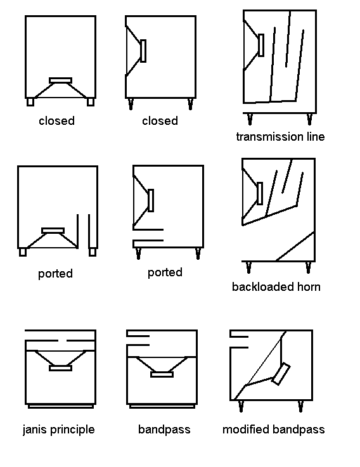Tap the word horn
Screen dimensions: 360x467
point(309,287)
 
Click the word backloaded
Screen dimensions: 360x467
point(263,287)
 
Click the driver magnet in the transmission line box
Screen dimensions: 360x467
point(261,45)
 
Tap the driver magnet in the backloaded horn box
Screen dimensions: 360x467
point(260,194)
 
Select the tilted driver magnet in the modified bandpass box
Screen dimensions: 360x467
point(281,374)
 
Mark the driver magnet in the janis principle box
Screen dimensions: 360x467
point(60,368)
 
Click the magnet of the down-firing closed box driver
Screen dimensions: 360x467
point(60,80)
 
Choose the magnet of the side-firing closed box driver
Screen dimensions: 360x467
point(143,51)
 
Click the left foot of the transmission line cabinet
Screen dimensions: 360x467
point(250,119)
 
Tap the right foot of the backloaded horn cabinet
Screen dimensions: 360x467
point(309,267)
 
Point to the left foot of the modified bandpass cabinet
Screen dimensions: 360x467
point(241,407)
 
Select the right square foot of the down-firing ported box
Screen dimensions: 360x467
point(93,252)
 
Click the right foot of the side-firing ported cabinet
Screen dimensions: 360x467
point(198,253)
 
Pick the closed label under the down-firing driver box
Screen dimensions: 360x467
point(56,120)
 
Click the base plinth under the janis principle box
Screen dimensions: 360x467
point(61,406)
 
